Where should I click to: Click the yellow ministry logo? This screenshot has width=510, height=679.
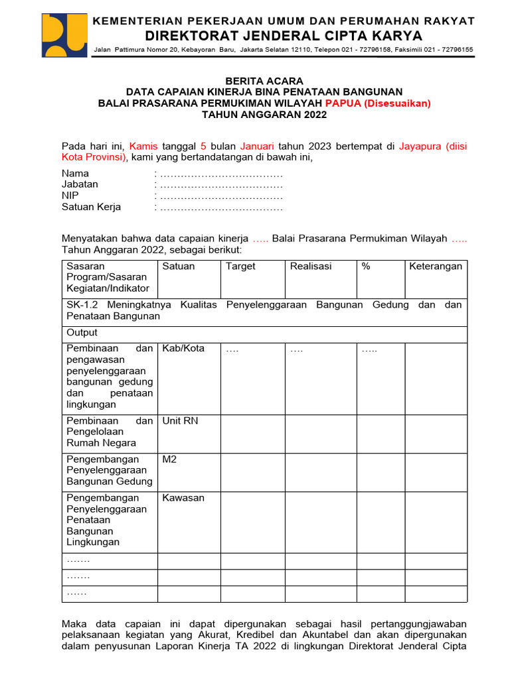coord(64,36)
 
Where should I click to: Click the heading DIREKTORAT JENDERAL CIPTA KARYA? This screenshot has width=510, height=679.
coord(284,35)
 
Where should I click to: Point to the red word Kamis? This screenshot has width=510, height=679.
coord(143,146)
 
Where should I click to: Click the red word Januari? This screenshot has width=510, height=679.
coord(258,146)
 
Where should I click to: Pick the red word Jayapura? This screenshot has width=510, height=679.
coord(421,146)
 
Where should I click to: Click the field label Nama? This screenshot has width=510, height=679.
coord(75,174)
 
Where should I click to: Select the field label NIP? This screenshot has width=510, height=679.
coord(70,196)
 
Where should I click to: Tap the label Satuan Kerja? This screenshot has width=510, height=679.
coord(91,207)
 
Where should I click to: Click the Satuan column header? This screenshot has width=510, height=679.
coord(179,266)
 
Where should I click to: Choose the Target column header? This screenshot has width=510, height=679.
coord(240,266)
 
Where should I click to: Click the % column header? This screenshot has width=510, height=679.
coord(366,266)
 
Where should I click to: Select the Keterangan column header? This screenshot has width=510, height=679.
coord(436,266)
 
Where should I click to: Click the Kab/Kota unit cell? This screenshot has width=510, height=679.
coord(183,348)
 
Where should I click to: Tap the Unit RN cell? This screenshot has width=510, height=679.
coord(180,420)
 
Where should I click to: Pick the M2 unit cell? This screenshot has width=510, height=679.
coord(170,459)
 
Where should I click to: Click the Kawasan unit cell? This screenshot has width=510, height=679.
coord(183,497)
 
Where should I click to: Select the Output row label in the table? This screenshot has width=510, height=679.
coord(82,332)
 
